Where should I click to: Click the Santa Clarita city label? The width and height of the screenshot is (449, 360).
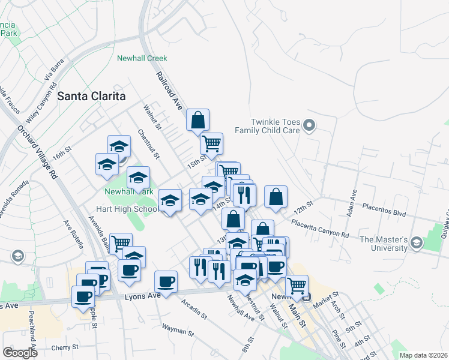pos(92,96)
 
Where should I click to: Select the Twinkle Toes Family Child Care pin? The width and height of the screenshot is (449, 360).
pos(309,125)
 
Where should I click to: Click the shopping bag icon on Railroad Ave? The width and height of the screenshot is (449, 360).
pos(197,120)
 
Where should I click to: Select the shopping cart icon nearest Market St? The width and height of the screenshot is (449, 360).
pos(297,286)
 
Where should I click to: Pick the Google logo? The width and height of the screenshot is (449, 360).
pos(20,352)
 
